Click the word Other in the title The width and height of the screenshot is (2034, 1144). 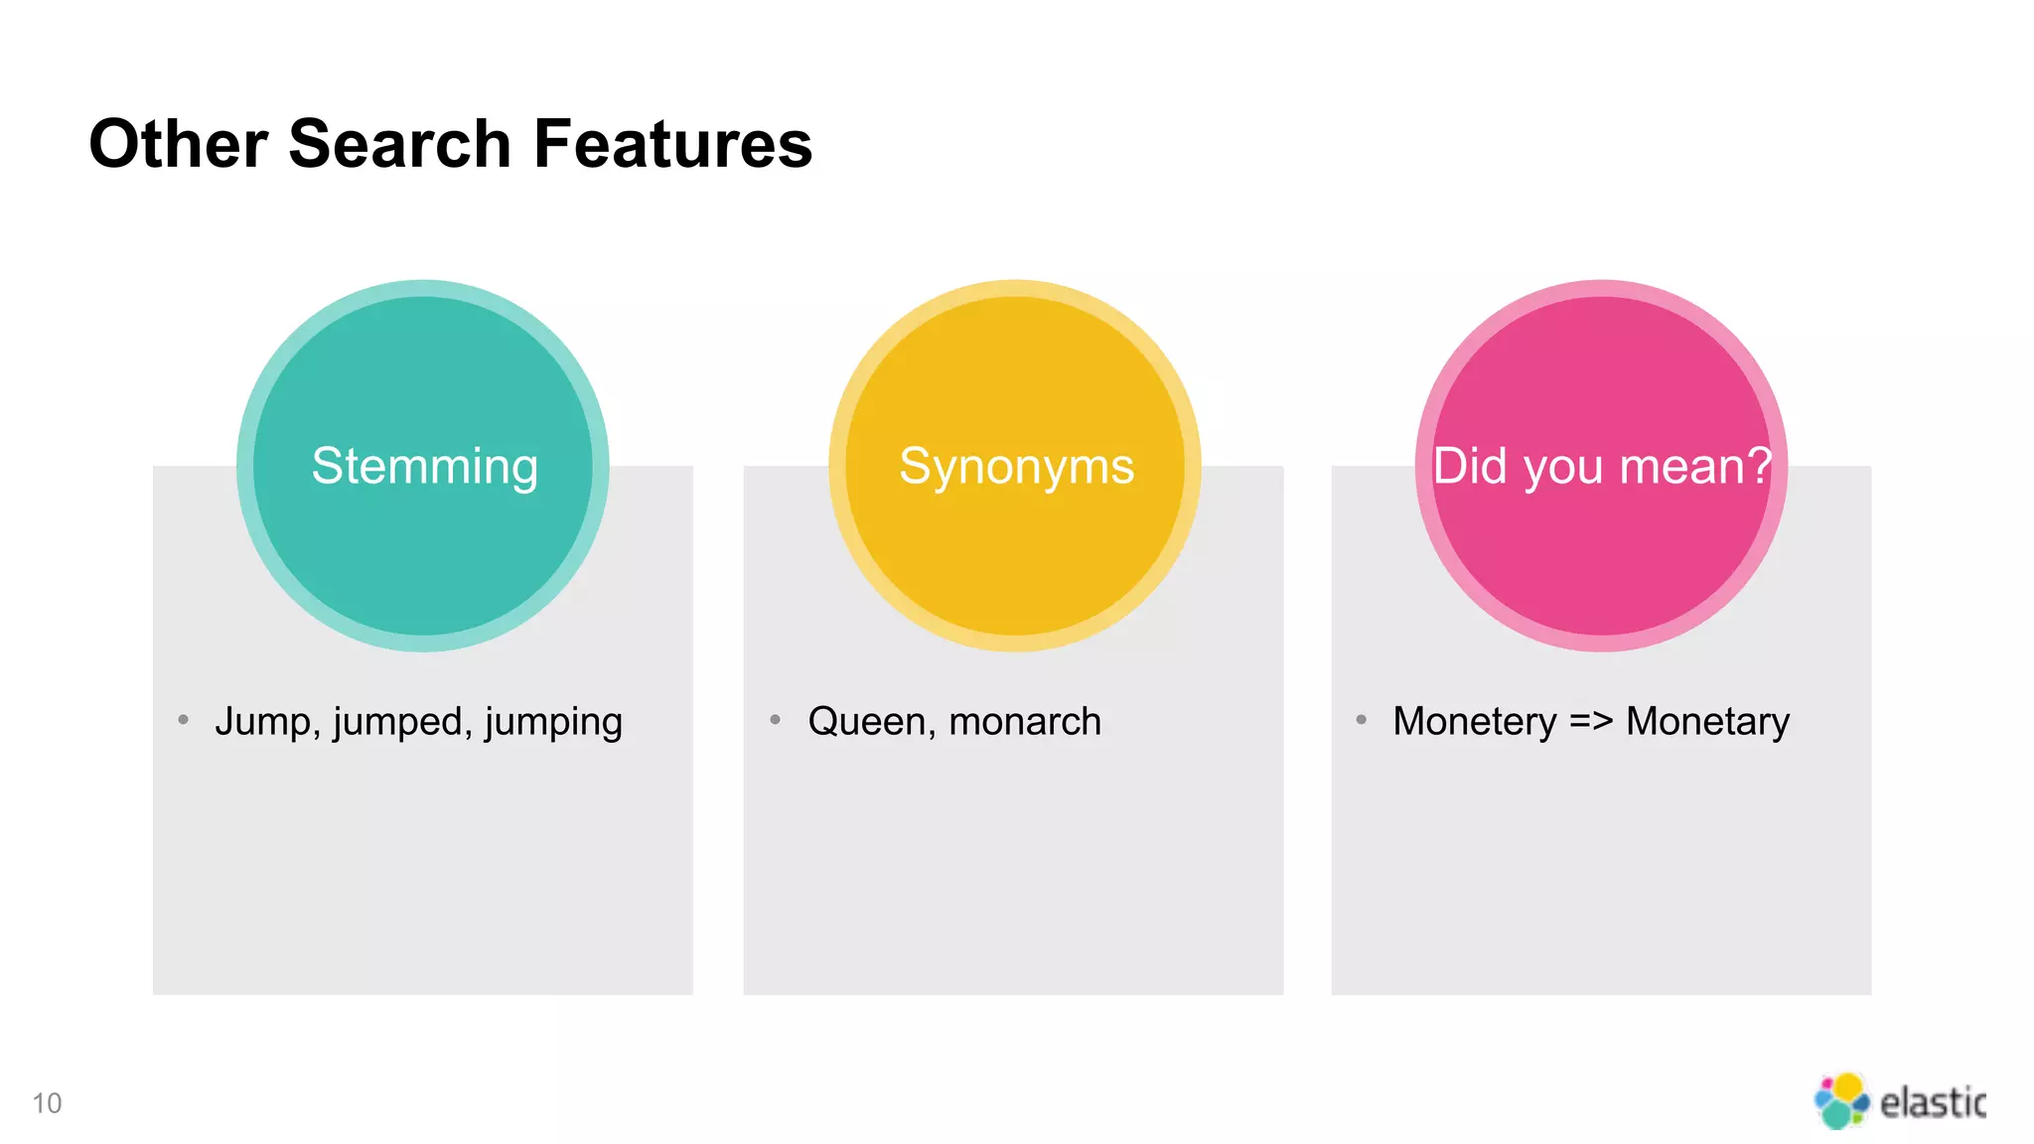pyautogui.click(x=178, y=144)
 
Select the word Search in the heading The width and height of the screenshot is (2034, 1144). pyautogui.click(x=399, y=144)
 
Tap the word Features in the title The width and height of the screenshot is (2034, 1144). pyautogui.click(x=672, y=144)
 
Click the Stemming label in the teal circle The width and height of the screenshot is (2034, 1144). pyautogui.click(x=424, y=466)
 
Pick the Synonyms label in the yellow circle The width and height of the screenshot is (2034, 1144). pyautogui.click(x=1016, y=466)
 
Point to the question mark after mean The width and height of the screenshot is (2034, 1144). pyautogui.click(x=1759, y=465)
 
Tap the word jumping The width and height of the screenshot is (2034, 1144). pyautogui.click(x=553, y=723)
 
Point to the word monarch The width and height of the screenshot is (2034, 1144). pyautogui.click(x=1025, y=722)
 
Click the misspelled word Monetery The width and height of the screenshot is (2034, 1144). pyautogui.click(x=1474, y=722)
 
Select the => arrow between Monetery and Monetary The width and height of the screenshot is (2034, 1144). pyautogui.click(x=1591, y=722)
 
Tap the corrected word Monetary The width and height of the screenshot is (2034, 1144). pyautogui.click(x=1707, y=722)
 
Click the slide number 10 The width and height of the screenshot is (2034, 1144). pyautogui.click(x=47, y=1103)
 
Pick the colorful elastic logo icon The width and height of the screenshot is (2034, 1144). pyautogui.click(x=1840, y=1100)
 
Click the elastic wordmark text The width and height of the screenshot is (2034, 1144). pyautogui.click(x=1932, y=1102)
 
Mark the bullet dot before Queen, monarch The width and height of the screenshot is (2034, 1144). pyautogui.click(x=775, y=719)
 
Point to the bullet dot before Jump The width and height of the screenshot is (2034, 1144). pyautogui.click(x=183, y=719)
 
